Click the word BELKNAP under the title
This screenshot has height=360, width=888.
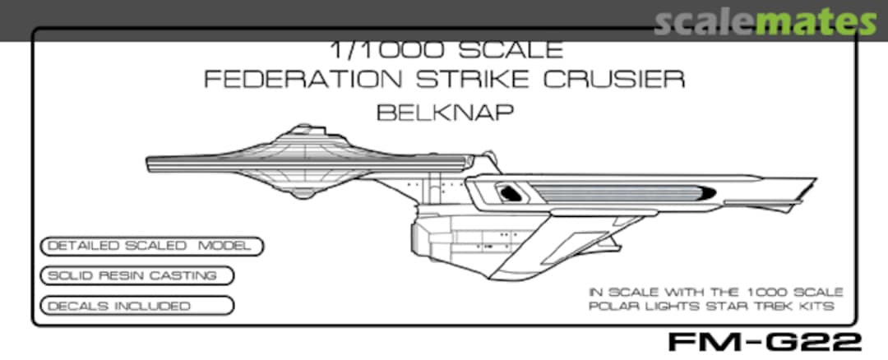tap(445, 112)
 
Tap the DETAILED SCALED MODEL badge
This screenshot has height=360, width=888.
tap(151, 246)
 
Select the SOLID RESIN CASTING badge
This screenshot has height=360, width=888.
tap(136, 275)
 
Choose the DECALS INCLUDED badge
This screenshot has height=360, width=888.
tap(136, 306)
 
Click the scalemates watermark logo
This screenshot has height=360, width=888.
tap(765, 22)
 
